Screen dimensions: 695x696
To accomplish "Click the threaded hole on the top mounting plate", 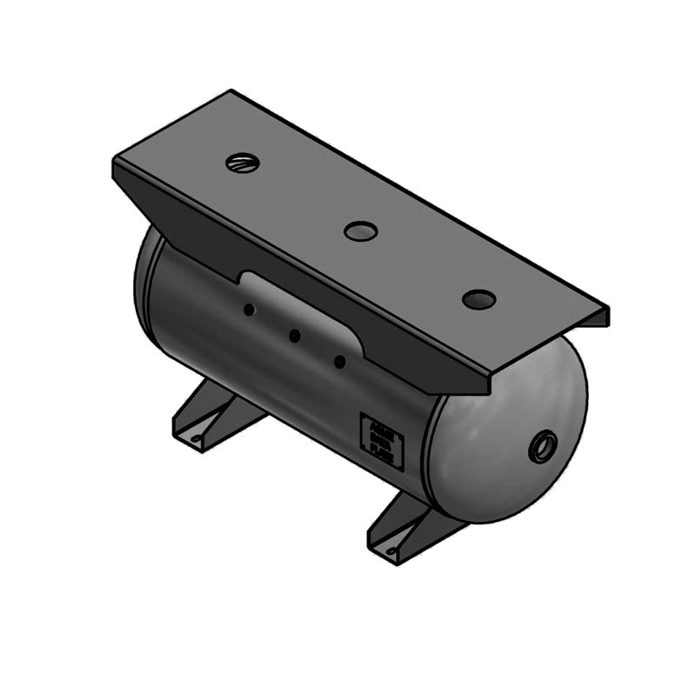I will point(242,162).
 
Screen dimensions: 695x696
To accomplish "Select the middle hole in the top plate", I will point(360,231).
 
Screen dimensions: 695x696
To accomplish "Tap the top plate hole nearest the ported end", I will point(478,299).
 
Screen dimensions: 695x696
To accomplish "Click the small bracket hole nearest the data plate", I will point(340,360).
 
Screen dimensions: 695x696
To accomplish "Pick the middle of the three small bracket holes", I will point(294,335).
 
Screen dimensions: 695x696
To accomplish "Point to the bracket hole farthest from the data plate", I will point(249,309).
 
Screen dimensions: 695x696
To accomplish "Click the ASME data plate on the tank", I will point(381,442).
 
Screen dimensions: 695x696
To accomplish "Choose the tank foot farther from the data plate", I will point(213,416).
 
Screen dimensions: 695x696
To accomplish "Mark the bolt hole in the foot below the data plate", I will point(392,551).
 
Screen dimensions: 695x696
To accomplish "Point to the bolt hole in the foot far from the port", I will point(197,438).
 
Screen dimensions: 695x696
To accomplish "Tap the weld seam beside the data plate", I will point(427,452).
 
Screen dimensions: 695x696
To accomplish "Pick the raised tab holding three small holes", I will point(296,322).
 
